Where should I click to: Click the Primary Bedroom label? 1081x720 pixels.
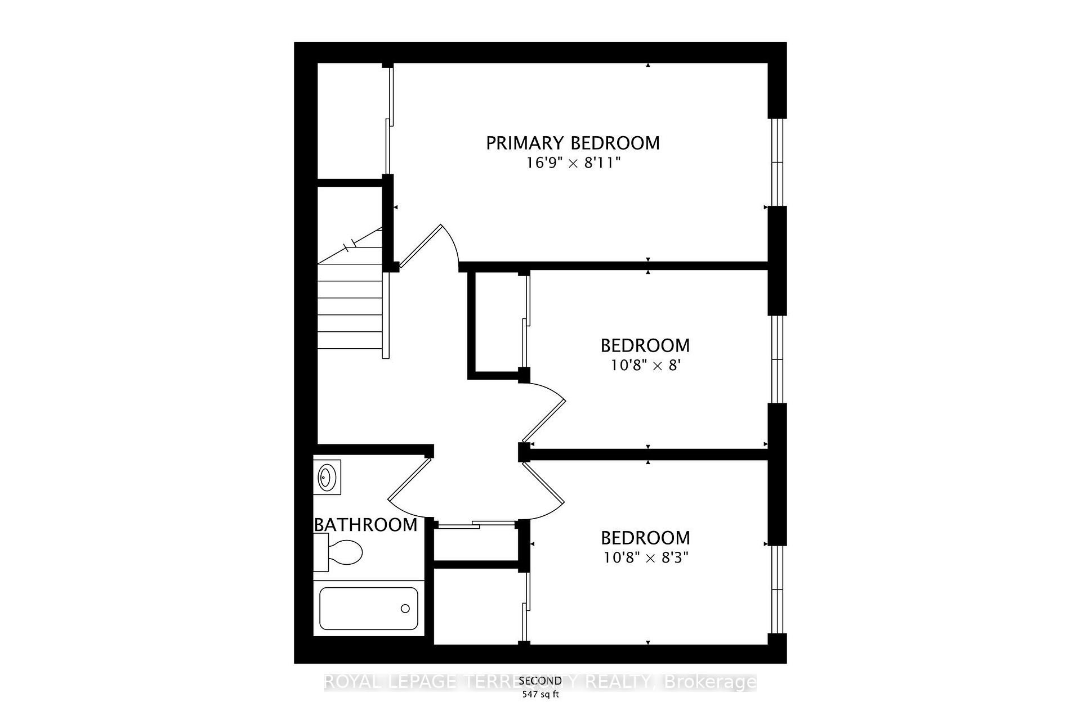point(573,143)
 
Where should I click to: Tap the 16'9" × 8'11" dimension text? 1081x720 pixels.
point(573,163)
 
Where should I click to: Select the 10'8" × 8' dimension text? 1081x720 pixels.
point(646,366)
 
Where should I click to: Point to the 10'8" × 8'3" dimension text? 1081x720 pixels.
point(646,558)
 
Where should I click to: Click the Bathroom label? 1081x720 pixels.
point(365,525)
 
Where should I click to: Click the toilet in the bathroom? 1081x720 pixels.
point(341,552)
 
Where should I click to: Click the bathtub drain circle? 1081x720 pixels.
point(405,609)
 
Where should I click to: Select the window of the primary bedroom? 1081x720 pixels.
point(777,162)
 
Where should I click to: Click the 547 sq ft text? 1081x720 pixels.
point(540,694)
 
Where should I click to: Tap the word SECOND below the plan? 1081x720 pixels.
point(540,681)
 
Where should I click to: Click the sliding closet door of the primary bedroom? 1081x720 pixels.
point(388,121)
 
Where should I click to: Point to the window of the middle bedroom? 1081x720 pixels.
point(777,359)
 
